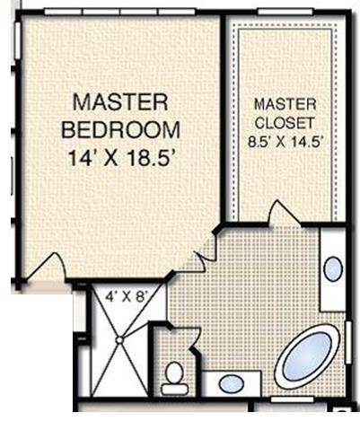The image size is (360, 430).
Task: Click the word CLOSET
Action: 283,121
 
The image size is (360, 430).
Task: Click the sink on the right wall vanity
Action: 332,268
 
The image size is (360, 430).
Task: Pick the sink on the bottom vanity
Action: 231,384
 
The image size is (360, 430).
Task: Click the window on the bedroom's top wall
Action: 117,9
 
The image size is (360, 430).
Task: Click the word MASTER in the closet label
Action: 283,103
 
